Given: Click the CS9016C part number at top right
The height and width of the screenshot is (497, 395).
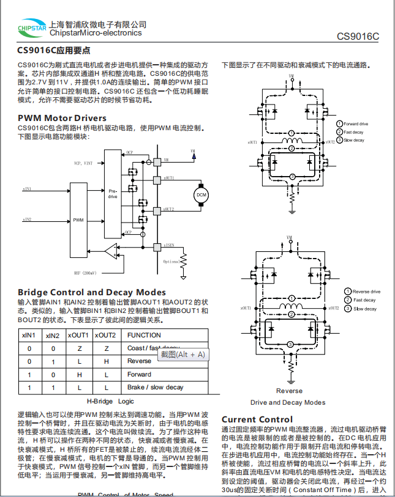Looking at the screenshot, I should pyautogui.click(x=358, y=36).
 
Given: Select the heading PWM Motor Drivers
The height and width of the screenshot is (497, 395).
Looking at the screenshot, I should pyautogui.click(x=62, y=118).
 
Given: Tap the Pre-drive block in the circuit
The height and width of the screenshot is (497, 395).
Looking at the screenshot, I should pyautogui.click(x=113, y=194).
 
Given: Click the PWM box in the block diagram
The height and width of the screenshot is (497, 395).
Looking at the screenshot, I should pyautogui.click(x=78, y=219).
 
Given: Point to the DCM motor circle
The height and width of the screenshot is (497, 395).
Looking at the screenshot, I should pyautogui.click(x=201, y=195).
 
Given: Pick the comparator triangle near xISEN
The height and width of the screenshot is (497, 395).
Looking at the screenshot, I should pyautogui.click(x=111, y=250).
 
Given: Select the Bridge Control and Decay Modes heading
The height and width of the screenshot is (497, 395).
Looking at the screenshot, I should pyautogui.click(x=92, y=292).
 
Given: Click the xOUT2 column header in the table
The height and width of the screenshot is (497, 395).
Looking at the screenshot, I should pyautogui.click(x=105, y=335).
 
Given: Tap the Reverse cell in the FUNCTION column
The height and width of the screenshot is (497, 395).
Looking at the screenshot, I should pyautogui.click(x=139, y=361).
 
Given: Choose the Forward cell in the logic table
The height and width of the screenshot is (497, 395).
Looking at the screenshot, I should pyautogui.click(x=139, y=374).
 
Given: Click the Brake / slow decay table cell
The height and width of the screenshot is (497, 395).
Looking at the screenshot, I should pyautogui.click(x=155, y=388).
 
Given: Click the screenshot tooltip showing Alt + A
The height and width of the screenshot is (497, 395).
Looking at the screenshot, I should pyautogui.click(x=182, y=355).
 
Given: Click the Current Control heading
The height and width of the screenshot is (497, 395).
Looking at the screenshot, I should pyautogui.click(x=257, y=419).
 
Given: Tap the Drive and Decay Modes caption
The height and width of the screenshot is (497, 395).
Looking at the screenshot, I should pyautogui.click(x=288, y=402).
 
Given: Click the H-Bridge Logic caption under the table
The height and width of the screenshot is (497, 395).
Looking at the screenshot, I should pyautogui.click(x=110, y=402).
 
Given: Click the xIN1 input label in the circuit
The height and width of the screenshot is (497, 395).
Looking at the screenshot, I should pyautogui.click(x=28, y=189).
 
